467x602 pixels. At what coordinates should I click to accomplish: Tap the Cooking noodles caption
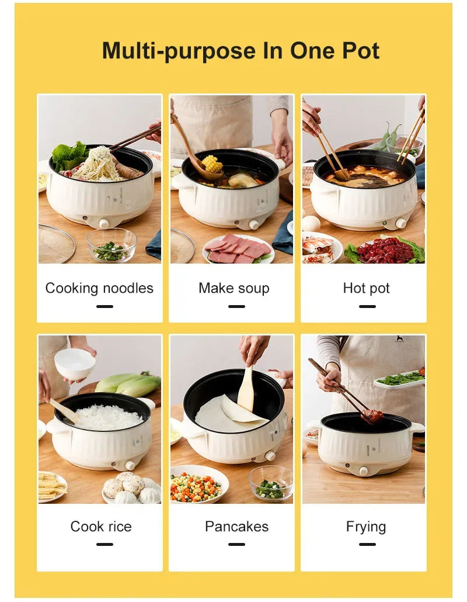pos(99,288)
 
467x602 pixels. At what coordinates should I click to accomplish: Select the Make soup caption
pos(233,288)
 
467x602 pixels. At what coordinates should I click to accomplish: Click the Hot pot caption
pos(366,288)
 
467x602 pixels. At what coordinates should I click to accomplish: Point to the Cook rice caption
pos(100,526)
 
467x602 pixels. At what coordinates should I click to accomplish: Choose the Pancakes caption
pos(236,526)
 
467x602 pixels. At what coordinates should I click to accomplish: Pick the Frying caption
pos(366,526)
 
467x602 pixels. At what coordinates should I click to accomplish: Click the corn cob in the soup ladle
pos(212,164)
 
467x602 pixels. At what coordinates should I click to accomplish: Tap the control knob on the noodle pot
pos(104,224)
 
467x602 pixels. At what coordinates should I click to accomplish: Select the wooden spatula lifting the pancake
pos(246,389)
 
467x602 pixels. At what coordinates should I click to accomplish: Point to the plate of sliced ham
pos(238,250)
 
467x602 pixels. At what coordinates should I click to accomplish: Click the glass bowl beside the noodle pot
pos(111,245)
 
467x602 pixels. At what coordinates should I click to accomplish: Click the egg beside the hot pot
pos(311,223)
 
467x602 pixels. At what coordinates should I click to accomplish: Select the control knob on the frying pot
pos(364,471)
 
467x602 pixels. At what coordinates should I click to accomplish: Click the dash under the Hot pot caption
pos(367,306)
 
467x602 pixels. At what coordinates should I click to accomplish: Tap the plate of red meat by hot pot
pos(385,251)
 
